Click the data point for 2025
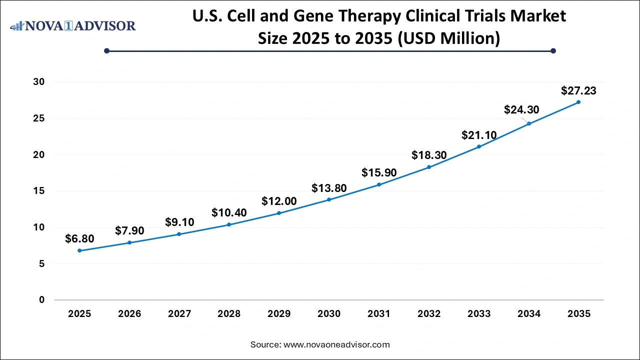click(79, 250)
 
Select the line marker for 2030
click(329, 199)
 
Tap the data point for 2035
click(578, 102)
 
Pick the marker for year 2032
click(429, 167)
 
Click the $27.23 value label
click(578, 90)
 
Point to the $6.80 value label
click(79, 239)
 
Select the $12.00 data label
click(279, 201)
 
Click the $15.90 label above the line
click(379, 172)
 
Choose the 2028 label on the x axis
click(229, 314)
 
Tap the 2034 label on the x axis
click(528, 314)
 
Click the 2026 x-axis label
click(129, 314)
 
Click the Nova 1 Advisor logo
click(73, 25)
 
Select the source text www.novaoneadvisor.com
click(336, 344)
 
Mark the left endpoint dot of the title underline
click(106, 50)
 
